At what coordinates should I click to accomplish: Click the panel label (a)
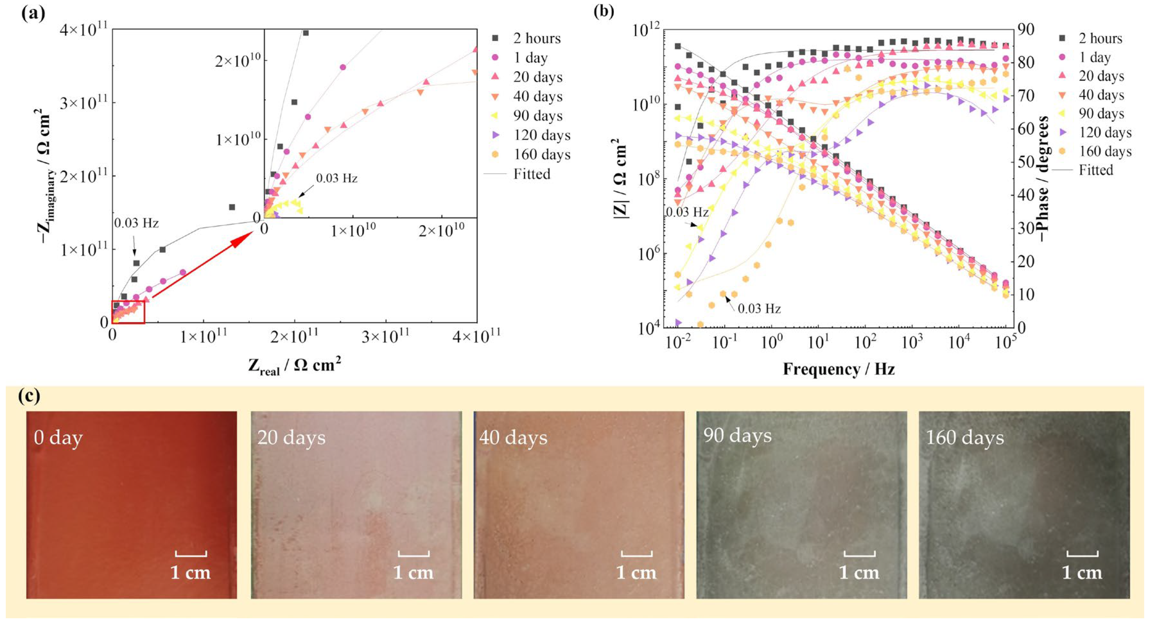coord(33,13)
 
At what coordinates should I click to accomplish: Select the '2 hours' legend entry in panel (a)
coord(536,38)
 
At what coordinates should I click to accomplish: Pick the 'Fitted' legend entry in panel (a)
coord(532,174)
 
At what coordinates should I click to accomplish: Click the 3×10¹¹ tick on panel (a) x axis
coord(385,336)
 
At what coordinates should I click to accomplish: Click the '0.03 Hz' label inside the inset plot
coord(337,179)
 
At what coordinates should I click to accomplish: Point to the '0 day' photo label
coord(58,438)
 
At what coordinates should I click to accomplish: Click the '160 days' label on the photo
coord(965,438)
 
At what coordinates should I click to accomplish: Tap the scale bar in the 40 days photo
coord(637,554)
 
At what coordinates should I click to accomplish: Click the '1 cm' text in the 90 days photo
coord(859,573)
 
